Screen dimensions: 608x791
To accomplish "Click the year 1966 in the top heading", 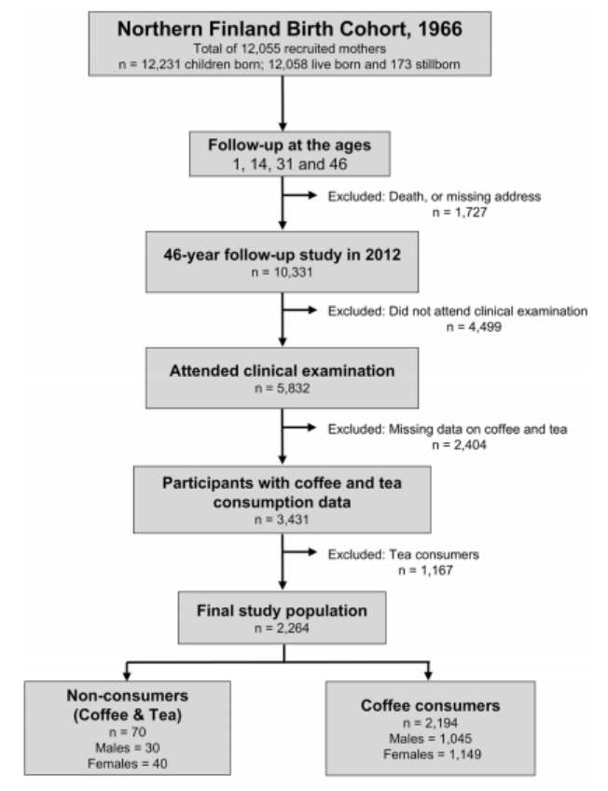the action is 440,29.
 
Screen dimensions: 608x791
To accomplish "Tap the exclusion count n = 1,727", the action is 460,213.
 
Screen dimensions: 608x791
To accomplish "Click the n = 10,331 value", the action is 282,272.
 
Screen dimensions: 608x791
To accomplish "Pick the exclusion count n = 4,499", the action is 474,326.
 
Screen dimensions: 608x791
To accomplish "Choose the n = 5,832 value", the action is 282,388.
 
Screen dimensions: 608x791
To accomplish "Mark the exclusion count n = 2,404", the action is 459,445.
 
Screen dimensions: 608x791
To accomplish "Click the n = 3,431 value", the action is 282,520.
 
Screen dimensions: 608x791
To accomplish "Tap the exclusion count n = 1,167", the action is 425,571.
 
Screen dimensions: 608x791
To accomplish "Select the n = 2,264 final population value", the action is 282,628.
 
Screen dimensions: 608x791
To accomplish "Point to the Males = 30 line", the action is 128,747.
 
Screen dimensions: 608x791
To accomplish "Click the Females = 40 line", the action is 128,764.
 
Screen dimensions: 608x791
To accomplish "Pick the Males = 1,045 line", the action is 431,739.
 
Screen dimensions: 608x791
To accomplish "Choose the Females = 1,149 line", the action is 432,755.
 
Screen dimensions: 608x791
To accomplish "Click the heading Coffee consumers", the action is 431,705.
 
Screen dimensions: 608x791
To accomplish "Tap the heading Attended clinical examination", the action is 282,371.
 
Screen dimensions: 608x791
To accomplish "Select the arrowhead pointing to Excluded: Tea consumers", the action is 312,552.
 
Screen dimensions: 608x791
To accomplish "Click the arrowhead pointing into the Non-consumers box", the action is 127,675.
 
